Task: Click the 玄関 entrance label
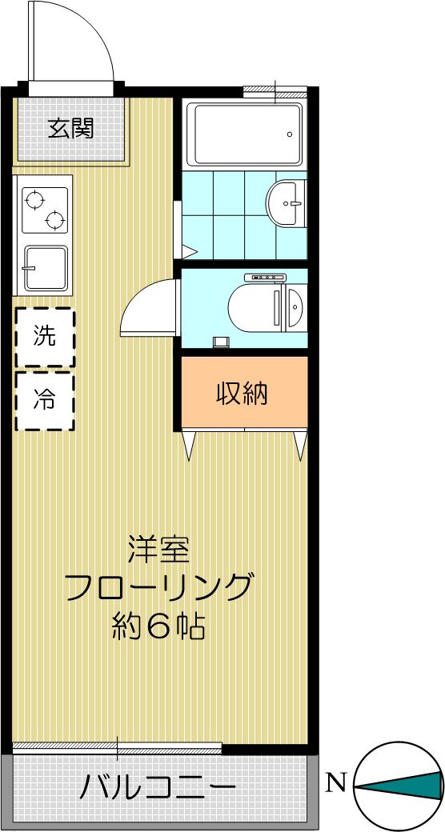pyautogui.click(x=70, y=128)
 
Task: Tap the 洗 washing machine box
pyautogui.click(x=45, y=338)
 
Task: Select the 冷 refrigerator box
pyautogui.click(x=45, y=401)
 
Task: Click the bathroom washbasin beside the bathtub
pyautogui.click(x=287, y=204)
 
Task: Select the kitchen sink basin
pyautogui.click(x=46, y=268)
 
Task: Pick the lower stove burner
pyautogui.click(x=54, y=220)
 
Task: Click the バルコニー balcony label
pyautogui.click(x=158, y=788)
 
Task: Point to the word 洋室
pyautogui.click(x=158, y=550)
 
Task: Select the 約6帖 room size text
pyautogui.click(x=158, y=627)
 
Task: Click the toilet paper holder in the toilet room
pyautogui.click(x=221, y=342)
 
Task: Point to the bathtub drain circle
pyautogui.click(x=290, y=134)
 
